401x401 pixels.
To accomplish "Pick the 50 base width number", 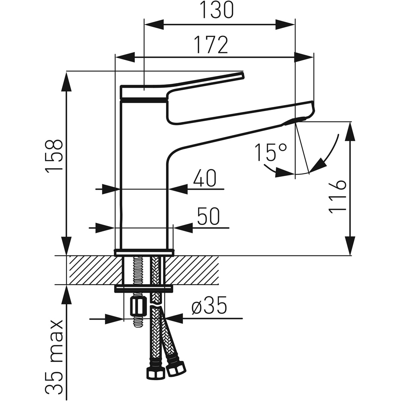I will coord(209,217).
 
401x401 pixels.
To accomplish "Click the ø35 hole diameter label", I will coord(209,307).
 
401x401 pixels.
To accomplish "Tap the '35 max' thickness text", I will coord(55,357).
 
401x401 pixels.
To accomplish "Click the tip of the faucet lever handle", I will coord(242,75).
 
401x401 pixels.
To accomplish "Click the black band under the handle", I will coord(144,99).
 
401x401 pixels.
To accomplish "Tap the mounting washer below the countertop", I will coord(144,288).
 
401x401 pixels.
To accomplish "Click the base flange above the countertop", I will coord(144,252).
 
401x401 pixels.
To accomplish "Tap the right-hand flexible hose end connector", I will coord(176,367).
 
